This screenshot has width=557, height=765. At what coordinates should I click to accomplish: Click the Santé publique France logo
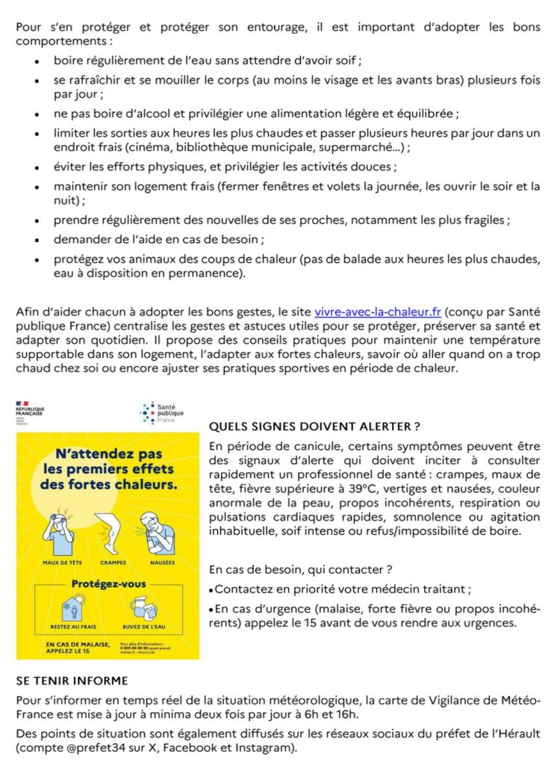tap(162, 413)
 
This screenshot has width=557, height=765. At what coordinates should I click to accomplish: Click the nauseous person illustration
tap(161, 532)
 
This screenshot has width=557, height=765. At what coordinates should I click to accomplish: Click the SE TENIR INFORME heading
tap(72, 681)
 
